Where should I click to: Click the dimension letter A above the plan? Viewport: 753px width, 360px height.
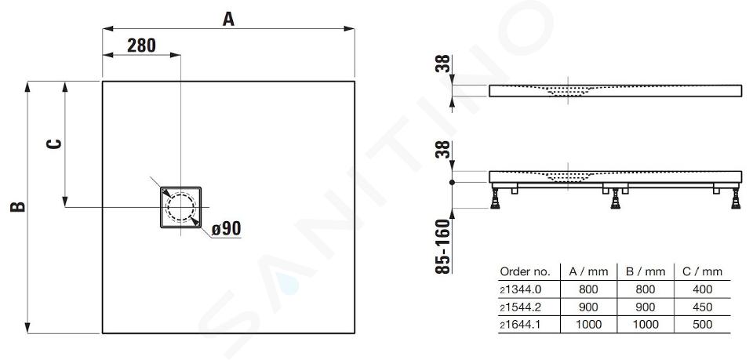click(x=228, y=19)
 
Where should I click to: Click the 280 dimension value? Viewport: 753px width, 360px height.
click(x=142, y=45)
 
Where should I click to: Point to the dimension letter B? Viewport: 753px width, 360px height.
click(x=18, y=207)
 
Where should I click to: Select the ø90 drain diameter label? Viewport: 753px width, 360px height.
click(x=226, y=228)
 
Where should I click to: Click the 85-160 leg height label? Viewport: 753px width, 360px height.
click(x=443, y=246)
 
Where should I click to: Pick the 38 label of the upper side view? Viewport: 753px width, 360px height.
click(x=443, y=64)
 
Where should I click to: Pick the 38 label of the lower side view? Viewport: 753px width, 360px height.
click(x=443, y=149)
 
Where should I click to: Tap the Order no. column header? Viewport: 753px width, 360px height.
click(x=525, y=271)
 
